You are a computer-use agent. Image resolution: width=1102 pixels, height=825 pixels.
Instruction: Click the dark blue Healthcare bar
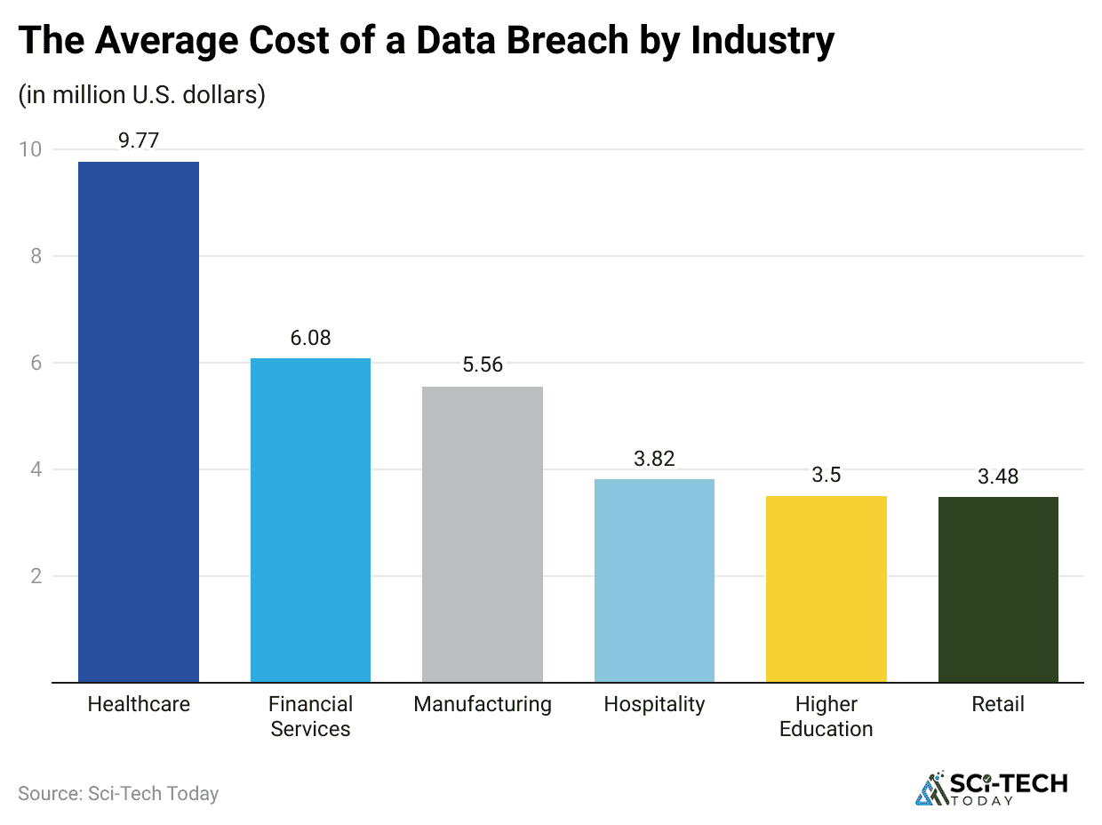(x=139, y=422)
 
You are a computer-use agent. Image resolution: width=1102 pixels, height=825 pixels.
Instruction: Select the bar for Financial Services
(x=310, y=520)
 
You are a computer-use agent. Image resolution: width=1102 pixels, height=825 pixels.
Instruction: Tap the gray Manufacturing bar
(x=483, y=534)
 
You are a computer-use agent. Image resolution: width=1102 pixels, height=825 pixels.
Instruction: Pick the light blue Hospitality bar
(x=654, y=581)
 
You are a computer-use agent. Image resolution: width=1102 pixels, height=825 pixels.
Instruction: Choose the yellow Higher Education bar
(x=826, y=589)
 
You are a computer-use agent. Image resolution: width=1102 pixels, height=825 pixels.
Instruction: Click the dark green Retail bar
(x=998, y=589)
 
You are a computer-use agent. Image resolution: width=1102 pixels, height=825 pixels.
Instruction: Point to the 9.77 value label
(x=139, y=140)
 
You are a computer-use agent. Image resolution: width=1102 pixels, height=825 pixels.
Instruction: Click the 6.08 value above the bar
(x=310, y=338)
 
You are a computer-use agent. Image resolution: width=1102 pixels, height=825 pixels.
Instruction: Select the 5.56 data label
(x=483, y=365)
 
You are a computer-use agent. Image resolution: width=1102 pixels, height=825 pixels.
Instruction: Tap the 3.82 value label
(x=654, y=459)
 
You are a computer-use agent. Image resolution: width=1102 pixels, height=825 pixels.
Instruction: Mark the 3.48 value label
(x=998, y=477)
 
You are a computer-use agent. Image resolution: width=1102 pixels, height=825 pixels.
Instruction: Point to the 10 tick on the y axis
(x=29, y=149)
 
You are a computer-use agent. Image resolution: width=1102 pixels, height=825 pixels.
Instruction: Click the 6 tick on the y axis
(x=35, y=363)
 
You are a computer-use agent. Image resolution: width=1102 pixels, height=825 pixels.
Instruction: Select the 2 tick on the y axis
(x=35, y=576)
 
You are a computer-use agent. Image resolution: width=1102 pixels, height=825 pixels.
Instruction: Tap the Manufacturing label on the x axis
(x=483, y=704)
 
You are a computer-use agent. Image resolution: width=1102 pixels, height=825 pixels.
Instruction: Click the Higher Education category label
(x=826, y=717)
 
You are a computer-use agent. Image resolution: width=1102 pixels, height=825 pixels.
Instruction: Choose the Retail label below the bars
(x=998, y=704)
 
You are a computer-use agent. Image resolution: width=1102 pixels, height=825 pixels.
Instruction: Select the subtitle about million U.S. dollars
(x=141, y=95)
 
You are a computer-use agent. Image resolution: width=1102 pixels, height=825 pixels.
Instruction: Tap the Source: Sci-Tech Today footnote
(x=118, y=793)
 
